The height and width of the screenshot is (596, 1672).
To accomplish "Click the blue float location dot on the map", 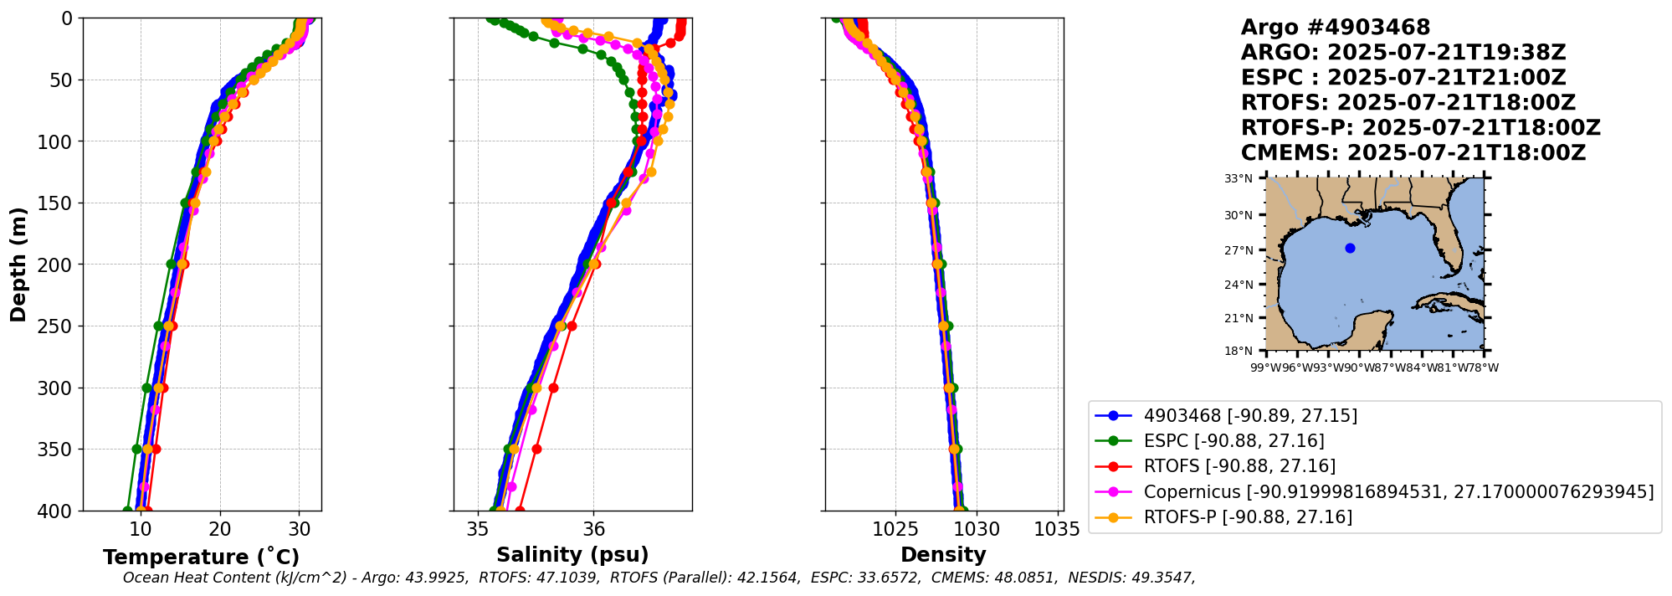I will click(x=1350, y=248).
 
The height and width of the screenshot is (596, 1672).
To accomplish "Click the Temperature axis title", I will click(x=201, y=557).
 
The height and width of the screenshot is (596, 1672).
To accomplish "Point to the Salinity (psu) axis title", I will click(x=572, y=555).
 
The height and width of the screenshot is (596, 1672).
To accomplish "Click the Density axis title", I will click(x=943, y=555).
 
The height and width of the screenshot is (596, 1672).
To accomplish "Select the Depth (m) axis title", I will click(x=18, y=265).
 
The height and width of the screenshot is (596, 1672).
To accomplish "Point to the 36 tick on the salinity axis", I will click(x=593, y=530).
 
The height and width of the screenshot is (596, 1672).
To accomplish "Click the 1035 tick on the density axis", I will click(x=1056, y=530).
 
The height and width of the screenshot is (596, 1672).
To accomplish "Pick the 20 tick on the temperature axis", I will click(x=220, y=530).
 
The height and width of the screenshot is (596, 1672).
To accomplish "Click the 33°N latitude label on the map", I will click(x=1239, y=178).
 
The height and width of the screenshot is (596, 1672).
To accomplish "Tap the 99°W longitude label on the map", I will click(x=1265, y=367).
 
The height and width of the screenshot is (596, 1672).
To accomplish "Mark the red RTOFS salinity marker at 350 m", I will click(x=536, y=450).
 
